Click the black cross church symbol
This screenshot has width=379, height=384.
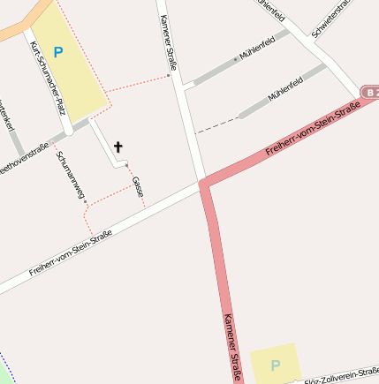tap(118, 147)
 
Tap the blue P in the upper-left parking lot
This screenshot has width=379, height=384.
tap(58, 52)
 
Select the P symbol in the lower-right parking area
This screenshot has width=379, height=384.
tap(275, 365)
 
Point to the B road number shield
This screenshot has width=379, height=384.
tap(371, 92)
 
